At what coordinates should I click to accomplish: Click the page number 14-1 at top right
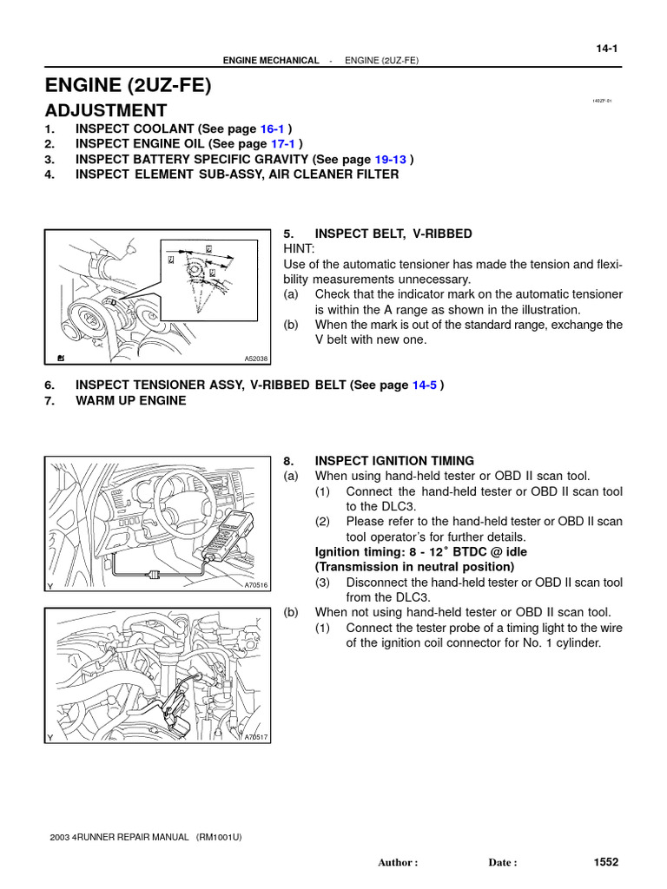pos(605,49)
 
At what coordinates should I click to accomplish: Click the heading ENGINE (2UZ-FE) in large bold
pos(128,85)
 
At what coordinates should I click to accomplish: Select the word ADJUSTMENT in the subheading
pos(106,110)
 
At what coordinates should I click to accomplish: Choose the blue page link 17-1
pos(284,143)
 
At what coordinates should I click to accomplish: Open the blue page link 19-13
pos(391,159)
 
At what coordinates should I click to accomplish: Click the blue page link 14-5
pos(424,385)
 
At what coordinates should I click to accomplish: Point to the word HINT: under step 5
pos(300,248)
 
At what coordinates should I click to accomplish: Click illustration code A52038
pos(257,358)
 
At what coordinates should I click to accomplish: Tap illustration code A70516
pos(257,585)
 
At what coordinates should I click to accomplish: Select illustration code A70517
pos(257,737)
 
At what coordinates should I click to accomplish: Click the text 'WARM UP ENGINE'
pos(130,400)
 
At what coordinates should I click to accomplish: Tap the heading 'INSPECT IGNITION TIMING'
pos(394,460)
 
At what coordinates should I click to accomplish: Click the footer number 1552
pos(605,861)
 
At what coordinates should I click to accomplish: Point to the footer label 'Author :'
pos(398,863)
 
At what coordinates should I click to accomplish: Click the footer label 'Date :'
pos(503,863)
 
